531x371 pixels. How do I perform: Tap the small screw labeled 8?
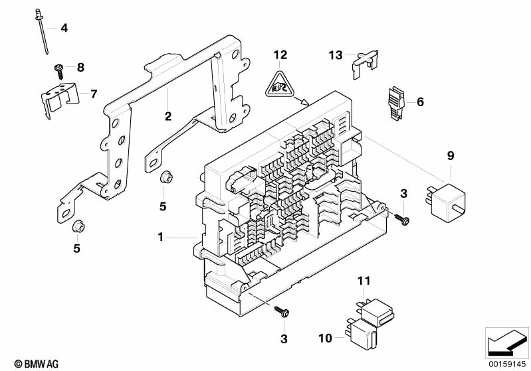(x=58, y=68)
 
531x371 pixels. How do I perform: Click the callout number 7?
(x=94, y=93)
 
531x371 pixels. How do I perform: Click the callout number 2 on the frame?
(x=168, y=116)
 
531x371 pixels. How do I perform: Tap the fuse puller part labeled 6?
(x=396, y=104)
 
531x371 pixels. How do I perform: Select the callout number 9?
(x=450, y=157)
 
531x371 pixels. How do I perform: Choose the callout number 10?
(x=325, y=338)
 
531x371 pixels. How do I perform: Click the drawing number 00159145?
(x=507, y=364)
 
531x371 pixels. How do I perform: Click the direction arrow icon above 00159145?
(x=507, y=342)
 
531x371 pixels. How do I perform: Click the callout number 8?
(x=81, y=66)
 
